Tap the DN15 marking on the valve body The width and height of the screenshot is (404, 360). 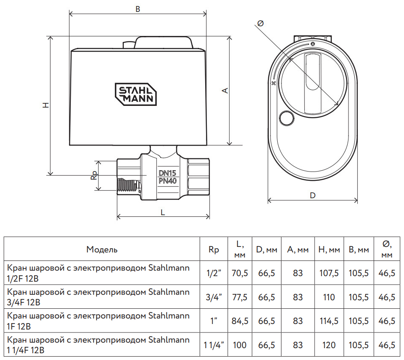pyautogui.click(x=167, y=173)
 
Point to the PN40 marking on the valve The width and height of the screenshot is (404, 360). pyautogui.click(x=167, y=181)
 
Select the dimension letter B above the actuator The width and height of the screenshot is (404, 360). pyautogui.click(x=138, y=9)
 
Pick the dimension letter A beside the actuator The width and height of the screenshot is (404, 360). pyautogui.click(x=226, y=90)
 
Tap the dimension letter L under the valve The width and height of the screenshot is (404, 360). pyautogui.click(x=163, y=213)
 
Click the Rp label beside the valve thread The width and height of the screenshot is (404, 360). pyautogui.click(x=95, y=175)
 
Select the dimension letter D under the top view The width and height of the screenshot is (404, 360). pyautogui.click(x=312, y=196)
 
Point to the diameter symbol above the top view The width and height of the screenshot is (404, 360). pyautogui.click(x=260, y=24)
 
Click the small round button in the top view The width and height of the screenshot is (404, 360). pyautogui.click(x=287, y=118)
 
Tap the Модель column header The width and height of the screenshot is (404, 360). pyautogui.click(x=102, y=249)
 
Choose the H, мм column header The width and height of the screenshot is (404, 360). pyautogui.click(x=329, y=250)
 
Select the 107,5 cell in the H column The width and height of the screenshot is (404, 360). pyautogui.click(x=329, y=273)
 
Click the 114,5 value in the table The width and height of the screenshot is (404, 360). pyautogui.click(x=329, y=321)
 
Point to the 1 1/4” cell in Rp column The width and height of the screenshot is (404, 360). pyautogui.click(x=214, y=345)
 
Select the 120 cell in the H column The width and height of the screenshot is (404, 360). pyautogui.click(x=329, y=345)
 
